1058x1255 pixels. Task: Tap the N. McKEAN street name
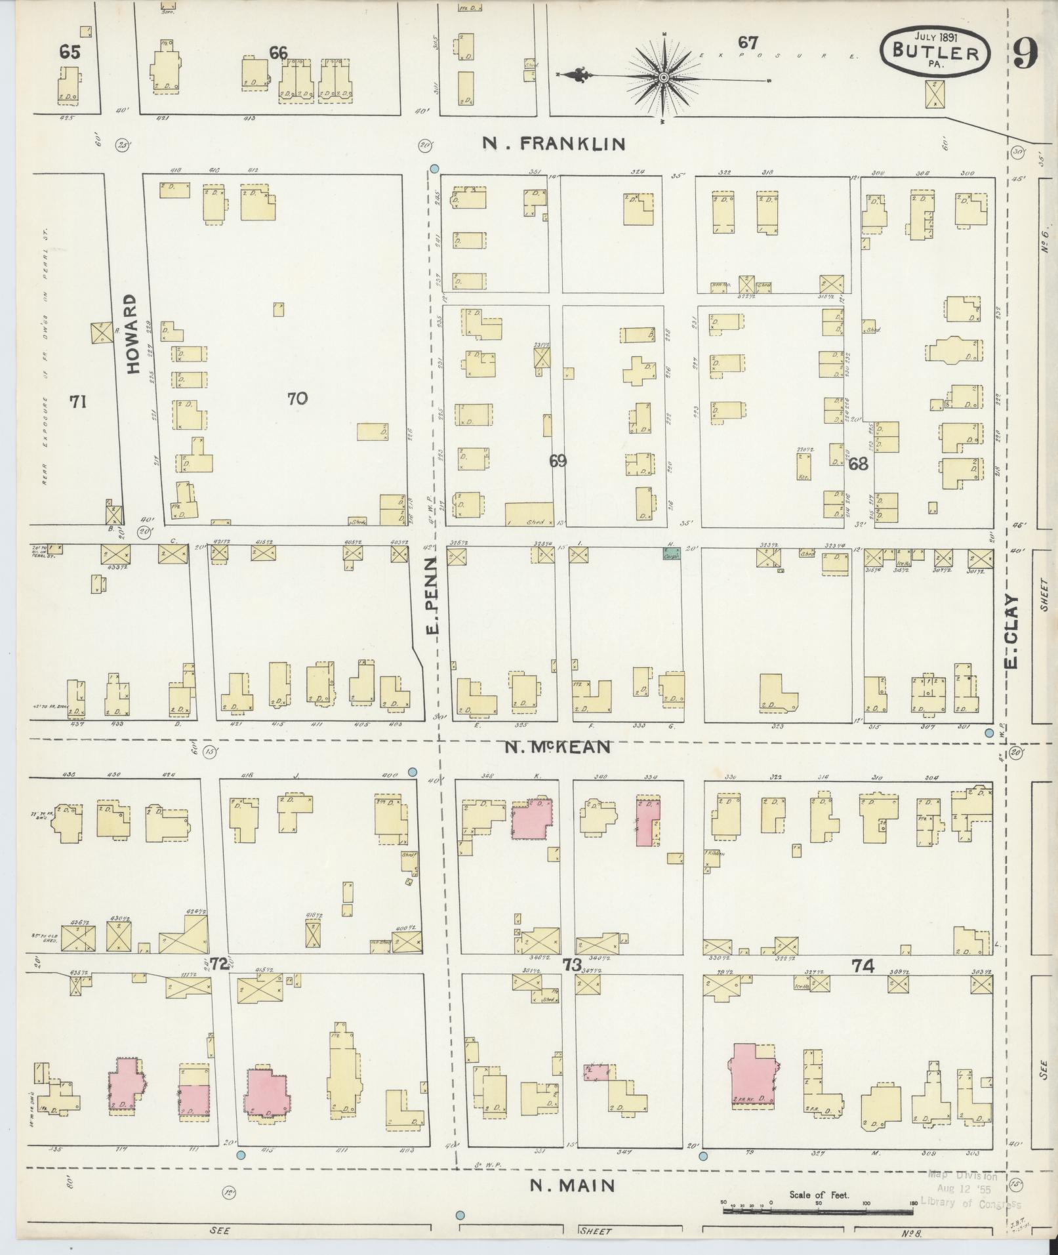coord(559,747)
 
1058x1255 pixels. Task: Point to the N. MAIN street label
coord(573,1185)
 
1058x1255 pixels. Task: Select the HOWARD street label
coord(133,333)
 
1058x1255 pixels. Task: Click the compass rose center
coord(663,78)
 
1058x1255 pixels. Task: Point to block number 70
coord(297,398)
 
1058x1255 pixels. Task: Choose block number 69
coord(558,461)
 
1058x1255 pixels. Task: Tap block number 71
coord(78,401)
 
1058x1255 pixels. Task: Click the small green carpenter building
coord(670,553)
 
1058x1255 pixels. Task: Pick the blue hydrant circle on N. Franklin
coord(434,169)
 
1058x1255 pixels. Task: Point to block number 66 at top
coord(279,52)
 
